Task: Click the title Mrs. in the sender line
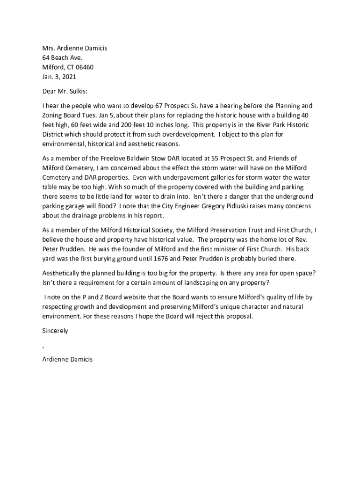point(49,48)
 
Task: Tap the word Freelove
point(114,158)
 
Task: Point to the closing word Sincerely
point(55,331)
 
